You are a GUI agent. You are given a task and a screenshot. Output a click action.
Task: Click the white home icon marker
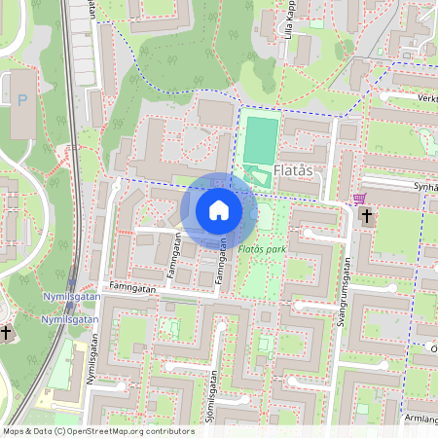(x=219, y=210)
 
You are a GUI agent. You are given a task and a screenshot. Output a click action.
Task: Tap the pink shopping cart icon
(x=359, y=198)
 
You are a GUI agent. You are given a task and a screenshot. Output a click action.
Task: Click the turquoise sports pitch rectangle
(x=260, y=140)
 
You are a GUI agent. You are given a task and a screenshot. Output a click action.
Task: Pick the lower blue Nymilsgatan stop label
(x=70, y=318)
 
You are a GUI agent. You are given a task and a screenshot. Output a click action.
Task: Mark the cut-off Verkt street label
(x=423, y=98)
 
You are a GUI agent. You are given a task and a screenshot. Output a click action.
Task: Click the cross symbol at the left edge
(x=6, y=333)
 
